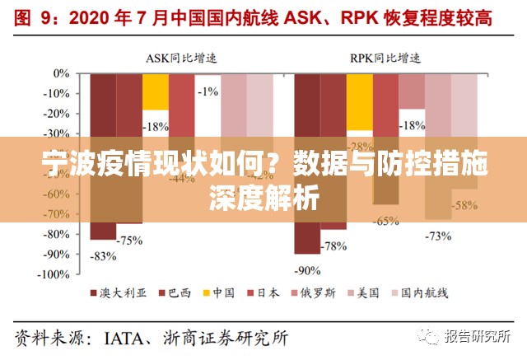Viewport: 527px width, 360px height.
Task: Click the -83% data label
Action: point(104,255)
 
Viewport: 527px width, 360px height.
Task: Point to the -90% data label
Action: point(307,269)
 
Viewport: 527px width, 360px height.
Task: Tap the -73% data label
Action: point(437,236)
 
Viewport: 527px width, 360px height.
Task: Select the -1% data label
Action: point(208,91)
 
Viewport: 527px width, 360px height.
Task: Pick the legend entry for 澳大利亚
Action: point(116,292)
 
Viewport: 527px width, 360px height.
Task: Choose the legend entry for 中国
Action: point(217,292)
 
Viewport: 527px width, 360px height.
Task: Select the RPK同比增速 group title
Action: point(385,58)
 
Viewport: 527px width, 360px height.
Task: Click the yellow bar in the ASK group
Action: point(156,92)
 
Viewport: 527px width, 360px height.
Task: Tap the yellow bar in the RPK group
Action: point(359,102)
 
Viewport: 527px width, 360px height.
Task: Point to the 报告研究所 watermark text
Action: point(478,336)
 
